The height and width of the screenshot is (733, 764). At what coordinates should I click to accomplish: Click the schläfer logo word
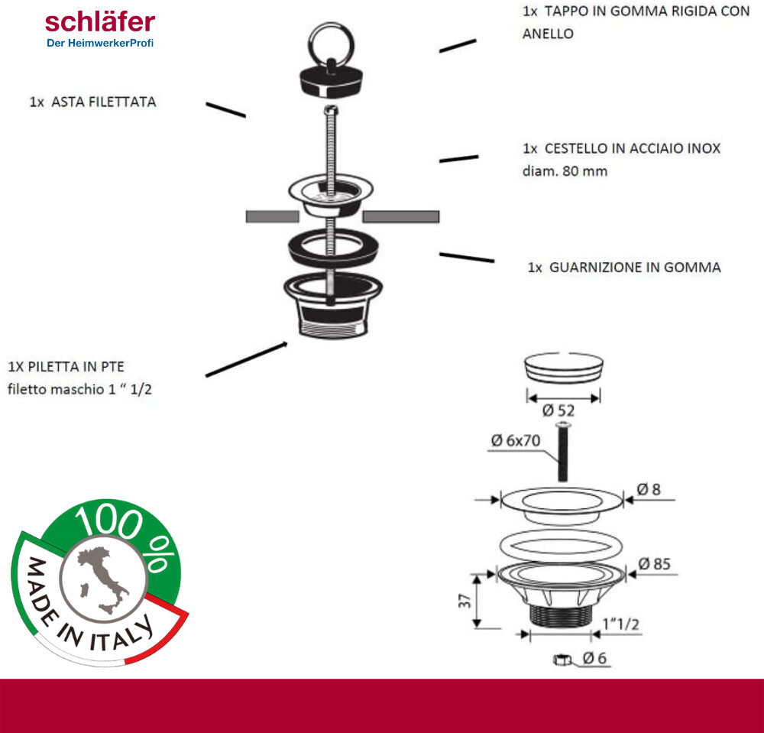(99, 21)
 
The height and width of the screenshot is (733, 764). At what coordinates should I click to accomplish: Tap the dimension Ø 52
(558, 410)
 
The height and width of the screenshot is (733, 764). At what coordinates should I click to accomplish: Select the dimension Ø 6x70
(517, 441)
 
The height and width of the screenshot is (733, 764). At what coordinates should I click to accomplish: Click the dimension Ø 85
(654, 564)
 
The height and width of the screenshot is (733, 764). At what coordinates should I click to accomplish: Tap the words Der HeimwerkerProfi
(100, 43)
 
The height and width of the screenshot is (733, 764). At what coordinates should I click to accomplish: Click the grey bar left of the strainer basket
(272, 216)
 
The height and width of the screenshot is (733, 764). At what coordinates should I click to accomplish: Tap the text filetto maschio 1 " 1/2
(85, 389)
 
